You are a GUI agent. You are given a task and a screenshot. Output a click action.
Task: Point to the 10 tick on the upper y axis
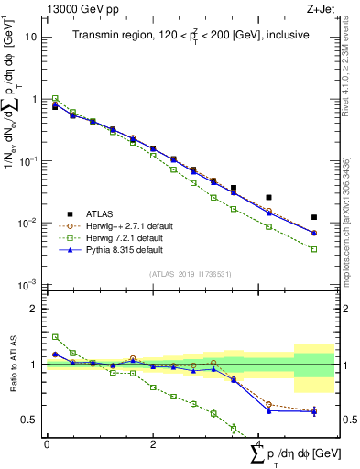click(32, 37)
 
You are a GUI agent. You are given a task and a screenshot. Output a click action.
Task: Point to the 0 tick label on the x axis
click(47, 443)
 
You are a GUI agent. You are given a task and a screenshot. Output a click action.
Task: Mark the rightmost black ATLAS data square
click(314, 217)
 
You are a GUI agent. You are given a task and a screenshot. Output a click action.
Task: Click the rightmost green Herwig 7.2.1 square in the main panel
click(314, 249)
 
